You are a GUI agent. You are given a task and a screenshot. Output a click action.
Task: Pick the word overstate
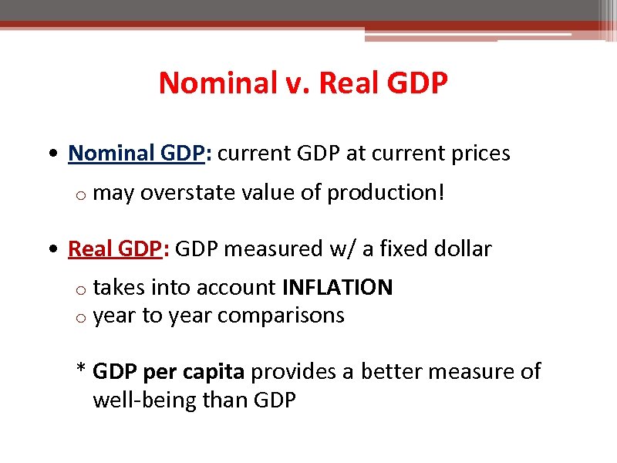pos(180,192)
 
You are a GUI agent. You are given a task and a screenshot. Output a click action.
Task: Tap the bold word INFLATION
pos(338,288)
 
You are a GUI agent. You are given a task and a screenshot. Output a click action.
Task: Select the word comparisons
pos(281,315)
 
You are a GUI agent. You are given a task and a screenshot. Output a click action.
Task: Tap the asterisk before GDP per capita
pos(80,370)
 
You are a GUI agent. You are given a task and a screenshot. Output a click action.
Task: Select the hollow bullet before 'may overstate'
pos(80,194)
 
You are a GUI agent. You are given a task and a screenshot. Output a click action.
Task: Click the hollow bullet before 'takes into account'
pos(80,290)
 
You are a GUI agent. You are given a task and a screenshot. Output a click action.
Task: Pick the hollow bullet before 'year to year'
pos(80,317)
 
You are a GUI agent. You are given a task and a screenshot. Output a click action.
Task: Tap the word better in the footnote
pos(389,372)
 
